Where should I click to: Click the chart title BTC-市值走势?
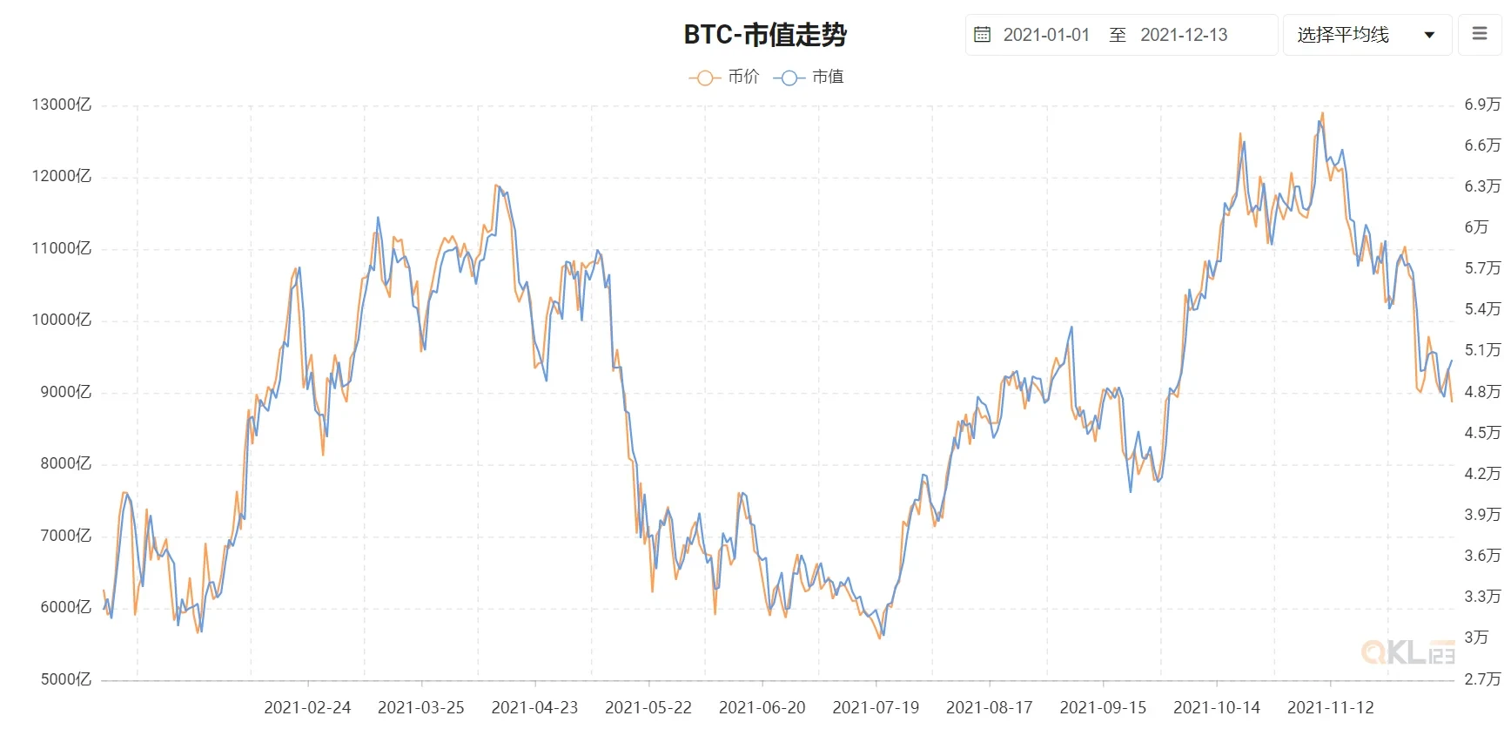765,35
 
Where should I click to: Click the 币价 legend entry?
724,77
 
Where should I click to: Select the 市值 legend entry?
809,77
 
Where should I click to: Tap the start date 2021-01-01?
1046,35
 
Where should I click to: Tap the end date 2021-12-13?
1184,35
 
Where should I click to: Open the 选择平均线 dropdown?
1367,35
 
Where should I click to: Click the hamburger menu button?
1480,34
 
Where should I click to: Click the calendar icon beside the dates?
982,35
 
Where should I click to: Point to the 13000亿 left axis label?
61,105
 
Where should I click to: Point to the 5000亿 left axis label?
65,679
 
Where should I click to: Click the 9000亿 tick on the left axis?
65,392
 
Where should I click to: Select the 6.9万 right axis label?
1482,105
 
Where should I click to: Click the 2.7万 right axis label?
1482,679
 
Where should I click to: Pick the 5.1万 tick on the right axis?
1482,350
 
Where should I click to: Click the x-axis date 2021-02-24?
307,707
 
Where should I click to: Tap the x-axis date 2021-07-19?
876,707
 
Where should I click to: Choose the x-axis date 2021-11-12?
1330,707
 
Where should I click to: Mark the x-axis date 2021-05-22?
648,707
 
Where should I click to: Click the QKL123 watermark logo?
1407,651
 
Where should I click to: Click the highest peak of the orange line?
1323,113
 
